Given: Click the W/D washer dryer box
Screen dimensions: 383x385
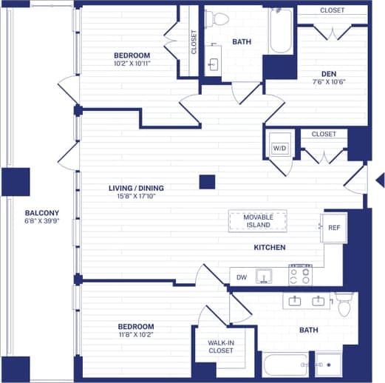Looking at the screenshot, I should pyautogui.click(x=279, y=148).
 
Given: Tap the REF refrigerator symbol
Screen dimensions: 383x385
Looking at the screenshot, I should pyautogui.click(x=333, y=228).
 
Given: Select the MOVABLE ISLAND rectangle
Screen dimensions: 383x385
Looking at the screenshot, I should pyautogui.click(x=259, y=220).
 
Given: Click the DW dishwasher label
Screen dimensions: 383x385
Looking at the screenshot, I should pyautogui.click(x=241, y=277).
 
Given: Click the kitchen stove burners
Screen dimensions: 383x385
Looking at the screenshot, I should pyautogui.click(x=299, y=276).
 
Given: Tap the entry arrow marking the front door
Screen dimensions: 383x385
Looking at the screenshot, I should pyautogui.click(x=380, y=180).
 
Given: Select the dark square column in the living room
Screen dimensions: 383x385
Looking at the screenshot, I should pyautogui.click(x=208, y=182).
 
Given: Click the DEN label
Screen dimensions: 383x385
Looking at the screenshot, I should pyautogui.click(x=330, y=73).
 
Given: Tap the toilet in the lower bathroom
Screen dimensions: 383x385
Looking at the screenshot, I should pyautogui.click(x=344, y=302).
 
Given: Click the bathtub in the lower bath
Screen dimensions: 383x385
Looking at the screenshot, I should pyautogui.click(x=285, y=365).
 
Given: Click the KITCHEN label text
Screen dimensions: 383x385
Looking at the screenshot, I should pyautogui.click(x=270, y=248).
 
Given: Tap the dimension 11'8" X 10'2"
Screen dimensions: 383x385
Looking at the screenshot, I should pyautogui.click(x=136, y=335).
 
